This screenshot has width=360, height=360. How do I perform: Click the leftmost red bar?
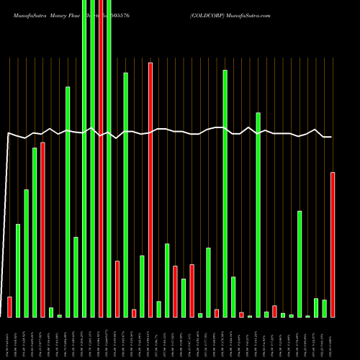point(9,307)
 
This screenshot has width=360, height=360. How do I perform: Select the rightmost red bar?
point(333,245)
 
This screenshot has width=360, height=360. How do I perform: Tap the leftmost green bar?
point(18,271)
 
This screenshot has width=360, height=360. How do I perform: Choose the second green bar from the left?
point(26,253)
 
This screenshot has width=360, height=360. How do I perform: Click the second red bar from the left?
point(42,230)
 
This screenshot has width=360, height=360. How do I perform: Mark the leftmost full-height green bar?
point(84,158)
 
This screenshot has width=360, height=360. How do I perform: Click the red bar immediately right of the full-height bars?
point(117,289)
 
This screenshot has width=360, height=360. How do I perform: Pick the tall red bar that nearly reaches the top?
point(150,190)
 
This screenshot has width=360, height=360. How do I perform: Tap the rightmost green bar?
point(324,308)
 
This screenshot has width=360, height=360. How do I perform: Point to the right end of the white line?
point(331,137)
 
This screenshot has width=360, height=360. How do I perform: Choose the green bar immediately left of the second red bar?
point(35,233)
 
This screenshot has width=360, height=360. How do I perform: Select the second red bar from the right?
point(274,311)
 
